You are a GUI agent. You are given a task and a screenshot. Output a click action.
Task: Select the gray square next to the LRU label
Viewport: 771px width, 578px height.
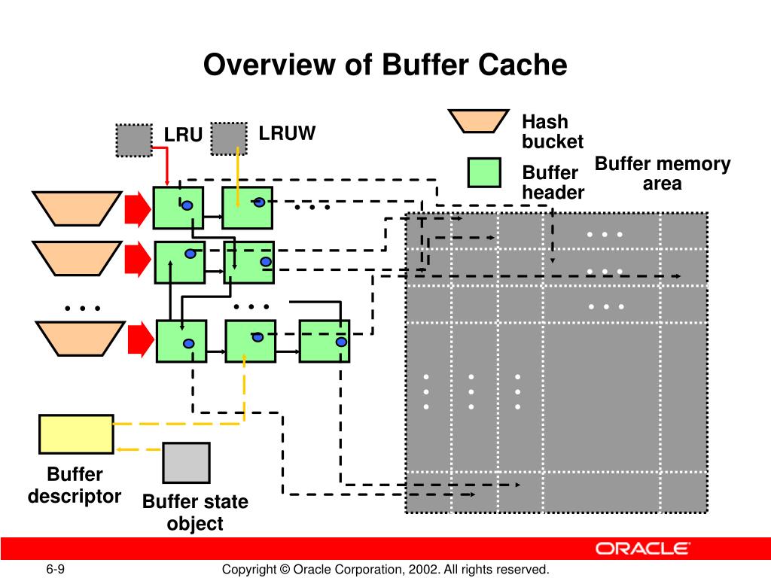[x=134, y=141]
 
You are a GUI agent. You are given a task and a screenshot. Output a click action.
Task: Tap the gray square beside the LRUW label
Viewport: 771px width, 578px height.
[x=229, y=138]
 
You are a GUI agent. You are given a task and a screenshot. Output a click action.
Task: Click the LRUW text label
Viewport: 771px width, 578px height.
[x=287, y=133]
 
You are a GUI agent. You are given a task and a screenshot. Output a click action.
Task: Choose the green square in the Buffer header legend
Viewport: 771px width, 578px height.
[x=484, y=172]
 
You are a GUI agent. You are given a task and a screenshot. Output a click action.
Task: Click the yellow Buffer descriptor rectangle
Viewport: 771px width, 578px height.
[x=76, y=434]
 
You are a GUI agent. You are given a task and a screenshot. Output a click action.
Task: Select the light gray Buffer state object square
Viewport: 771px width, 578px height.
[x=187, y=463]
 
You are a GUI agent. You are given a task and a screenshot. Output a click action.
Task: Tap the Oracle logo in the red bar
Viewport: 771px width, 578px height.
[x=643, y=548]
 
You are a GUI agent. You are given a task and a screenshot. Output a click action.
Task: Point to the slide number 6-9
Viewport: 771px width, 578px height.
[x=56, y=569]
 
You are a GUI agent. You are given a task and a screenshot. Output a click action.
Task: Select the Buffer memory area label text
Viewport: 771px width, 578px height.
[x=663, y=173]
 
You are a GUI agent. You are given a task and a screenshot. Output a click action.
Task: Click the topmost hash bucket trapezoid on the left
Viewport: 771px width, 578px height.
[x=78, y=208]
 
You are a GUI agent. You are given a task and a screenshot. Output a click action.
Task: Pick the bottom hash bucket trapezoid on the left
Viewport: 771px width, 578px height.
[x=80, y=338]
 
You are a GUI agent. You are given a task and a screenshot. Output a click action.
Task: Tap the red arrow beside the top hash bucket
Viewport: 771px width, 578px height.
[x=138, y=209]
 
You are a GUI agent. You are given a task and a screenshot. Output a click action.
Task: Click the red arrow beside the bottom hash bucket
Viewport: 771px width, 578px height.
[x=141, y=339]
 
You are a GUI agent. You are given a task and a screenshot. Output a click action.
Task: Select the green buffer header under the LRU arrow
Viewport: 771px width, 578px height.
[x=178, y=208]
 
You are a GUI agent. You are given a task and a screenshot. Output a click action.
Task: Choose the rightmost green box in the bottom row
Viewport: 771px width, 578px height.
[x=325, y=341]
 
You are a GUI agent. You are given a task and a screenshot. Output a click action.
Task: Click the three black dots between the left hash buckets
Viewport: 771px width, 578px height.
[x=83, y=308]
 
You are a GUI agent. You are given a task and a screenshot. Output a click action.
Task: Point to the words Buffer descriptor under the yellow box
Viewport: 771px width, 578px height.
[x=75, y=485]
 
